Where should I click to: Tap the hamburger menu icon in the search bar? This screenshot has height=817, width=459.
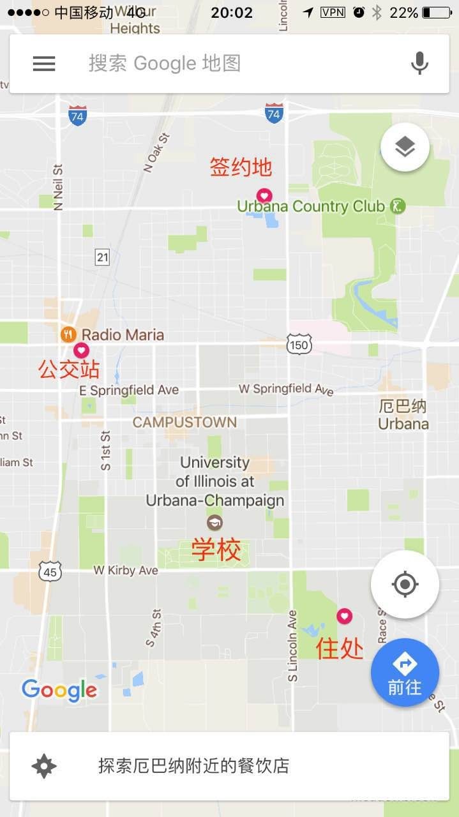tap(44, 63)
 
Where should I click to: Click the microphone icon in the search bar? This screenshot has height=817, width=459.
tap(419, 63)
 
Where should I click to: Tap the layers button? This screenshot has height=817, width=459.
tap(405, 147)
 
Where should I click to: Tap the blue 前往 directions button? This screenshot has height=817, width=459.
tap(405, 672)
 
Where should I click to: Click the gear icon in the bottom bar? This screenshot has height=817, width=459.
tap(44, 765)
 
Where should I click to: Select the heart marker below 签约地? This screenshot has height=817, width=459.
tap(264, 195)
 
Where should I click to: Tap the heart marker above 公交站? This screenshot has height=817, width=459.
tap(81, 350)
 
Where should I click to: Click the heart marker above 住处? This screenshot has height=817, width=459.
tap(344, 615)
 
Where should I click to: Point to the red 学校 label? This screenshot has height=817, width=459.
tap(216, 550)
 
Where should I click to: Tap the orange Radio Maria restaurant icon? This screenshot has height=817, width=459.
tap(69, 334)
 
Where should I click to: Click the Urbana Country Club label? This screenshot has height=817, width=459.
tap(311, 206)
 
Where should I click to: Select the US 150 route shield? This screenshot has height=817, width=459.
tap(299, 345)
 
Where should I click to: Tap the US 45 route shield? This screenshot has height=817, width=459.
tap(50, 571)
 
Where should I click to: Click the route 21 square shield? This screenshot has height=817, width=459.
tap(103, 257)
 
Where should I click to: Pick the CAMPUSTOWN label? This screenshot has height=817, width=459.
tap(184, 422)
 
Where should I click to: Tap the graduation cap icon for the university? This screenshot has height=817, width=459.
tap(214, 522)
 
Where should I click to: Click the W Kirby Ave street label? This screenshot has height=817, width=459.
tap(125, 570)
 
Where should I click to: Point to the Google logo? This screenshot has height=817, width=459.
tap(59, 690)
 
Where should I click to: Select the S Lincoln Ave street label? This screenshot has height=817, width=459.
tap(292, 645)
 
